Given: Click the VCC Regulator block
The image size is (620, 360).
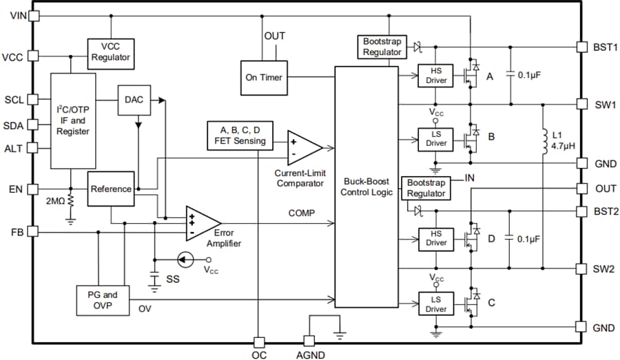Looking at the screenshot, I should (110, 52).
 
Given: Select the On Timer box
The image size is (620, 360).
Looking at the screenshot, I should (263, 77).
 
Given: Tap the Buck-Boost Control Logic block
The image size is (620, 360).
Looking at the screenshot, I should (366, 187).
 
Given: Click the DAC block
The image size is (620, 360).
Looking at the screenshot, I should (134, 100).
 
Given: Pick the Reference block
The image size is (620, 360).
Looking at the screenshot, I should (110, 189).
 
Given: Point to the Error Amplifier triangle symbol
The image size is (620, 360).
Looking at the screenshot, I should (200, 223).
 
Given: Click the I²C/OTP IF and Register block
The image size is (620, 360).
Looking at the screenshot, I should (72, 120).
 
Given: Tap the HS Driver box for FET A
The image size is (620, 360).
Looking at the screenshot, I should (436, 76).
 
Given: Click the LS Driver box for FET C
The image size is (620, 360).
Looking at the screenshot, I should (436, 305).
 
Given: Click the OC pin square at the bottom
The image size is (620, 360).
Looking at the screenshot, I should (258, 342).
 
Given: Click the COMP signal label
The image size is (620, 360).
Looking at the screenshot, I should (302, 213).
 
